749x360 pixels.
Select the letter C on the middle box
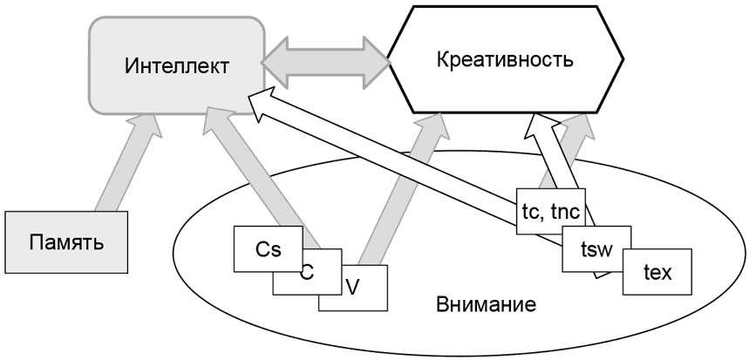tap(307, 272)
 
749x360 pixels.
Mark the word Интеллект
tap(177, 65)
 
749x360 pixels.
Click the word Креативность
tap(506, 60)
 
